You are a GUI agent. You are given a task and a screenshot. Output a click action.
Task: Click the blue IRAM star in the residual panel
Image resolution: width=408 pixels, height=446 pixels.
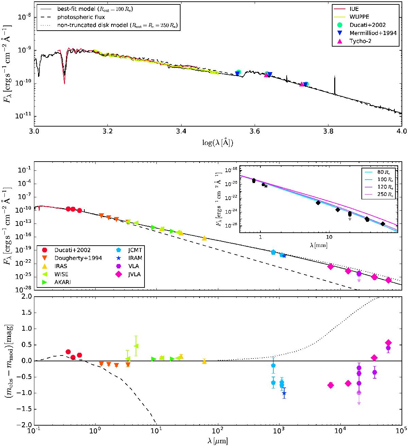[x=284, y=393]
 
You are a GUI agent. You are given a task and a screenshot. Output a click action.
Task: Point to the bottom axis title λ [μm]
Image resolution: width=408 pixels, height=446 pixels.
[x=218, y=441]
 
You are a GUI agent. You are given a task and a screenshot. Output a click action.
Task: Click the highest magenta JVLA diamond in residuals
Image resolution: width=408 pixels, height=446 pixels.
[x=388, y=343]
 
